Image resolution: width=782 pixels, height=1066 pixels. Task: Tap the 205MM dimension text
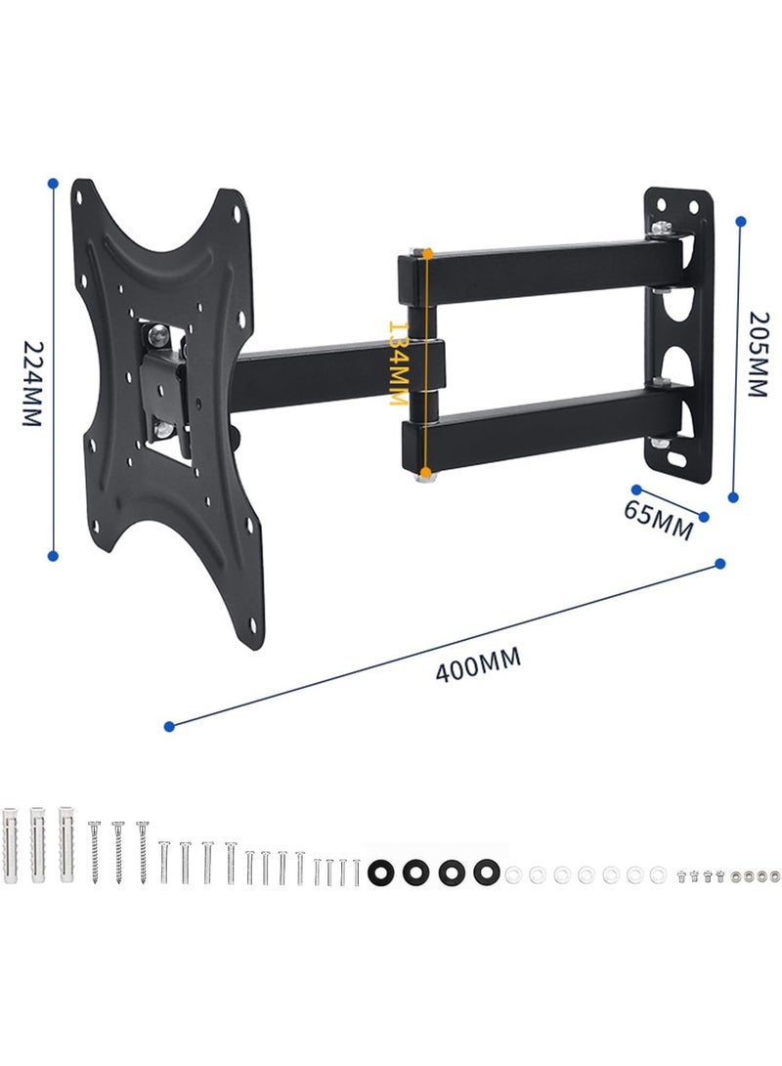pos(759,354)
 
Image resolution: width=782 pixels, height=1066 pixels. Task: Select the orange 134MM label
pos(398,362)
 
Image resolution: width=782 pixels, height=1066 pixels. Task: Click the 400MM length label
pos(480,663)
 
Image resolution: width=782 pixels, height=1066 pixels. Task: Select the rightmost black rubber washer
pos(483,872)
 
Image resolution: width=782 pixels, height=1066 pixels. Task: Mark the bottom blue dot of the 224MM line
pos(53,555)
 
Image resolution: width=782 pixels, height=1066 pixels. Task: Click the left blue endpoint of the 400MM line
pos(170,726)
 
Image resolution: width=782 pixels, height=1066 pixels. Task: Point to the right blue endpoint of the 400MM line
pos(721,563)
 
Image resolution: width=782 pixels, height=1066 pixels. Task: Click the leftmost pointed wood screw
pos(95,850)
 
